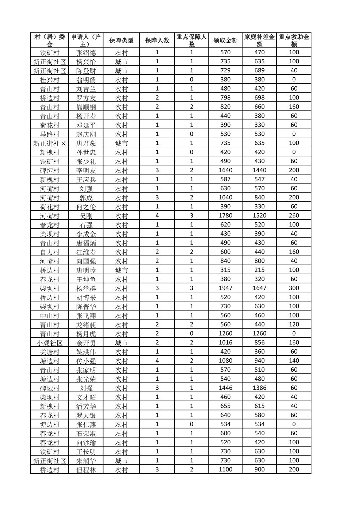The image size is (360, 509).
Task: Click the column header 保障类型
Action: [121, 41]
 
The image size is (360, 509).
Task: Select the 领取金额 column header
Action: [225, 41]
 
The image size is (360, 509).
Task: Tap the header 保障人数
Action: [157, 41]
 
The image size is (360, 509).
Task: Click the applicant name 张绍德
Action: [86, 53]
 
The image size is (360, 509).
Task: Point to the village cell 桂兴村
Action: [50, 80]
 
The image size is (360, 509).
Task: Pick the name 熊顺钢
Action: [86, 107]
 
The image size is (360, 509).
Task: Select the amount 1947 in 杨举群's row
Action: [225, 288]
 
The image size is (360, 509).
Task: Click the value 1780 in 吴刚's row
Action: [225, 216]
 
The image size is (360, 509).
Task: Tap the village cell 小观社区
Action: [50, 343]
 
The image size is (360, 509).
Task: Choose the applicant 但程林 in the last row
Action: [86, 469]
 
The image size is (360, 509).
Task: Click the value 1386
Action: [259, 388]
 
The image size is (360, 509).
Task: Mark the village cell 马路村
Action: [50, 134]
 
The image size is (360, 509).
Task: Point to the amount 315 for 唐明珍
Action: [225, 270]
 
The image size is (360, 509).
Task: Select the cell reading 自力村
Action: [50, 252]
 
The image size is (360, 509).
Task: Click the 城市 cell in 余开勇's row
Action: [121, 343]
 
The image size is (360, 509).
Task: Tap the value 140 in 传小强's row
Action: [294, 361]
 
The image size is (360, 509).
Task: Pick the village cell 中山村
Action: [50, 315]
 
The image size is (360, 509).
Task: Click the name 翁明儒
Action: [86, 80]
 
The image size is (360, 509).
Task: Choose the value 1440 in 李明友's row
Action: [259, 170]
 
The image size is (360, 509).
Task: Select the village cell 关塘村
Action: [50, 352]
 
